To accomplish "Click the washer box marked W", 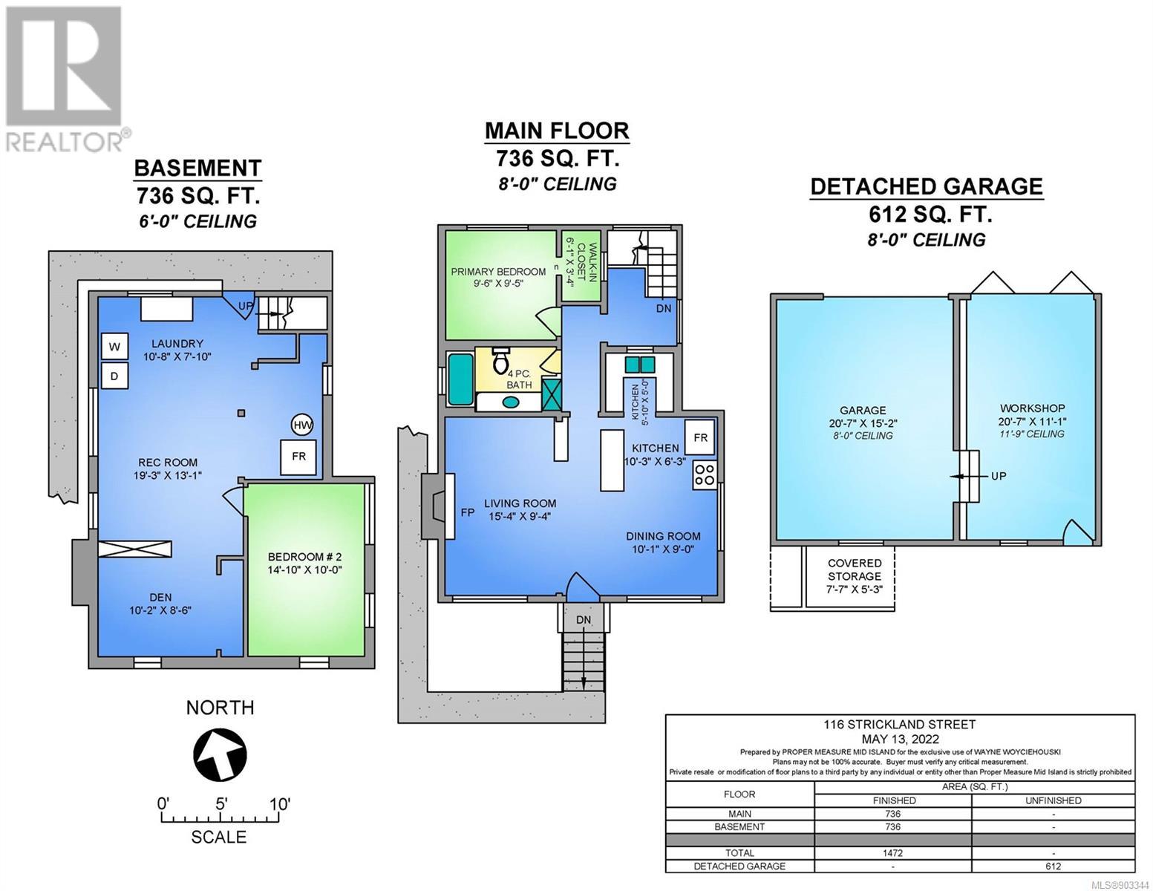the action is click(x=114, y=347).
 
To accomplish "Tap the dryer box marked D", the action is click(x=114, y=376).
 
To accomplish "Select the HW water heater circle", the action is click(x=302, y=425).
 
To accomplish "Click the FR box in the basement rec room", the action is click(x=298, y=457).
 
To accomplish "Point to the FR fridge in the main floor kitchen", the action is click(x=700, y=437).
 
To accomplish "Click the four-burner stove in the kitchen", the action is click(x=704, y=475).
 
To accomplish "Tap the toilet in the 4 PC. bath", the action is click(x=500, y=361).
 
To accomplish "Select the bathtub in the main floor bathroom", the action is click(x=460, y=379).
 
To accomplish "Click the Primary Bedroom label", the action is click(x=498, y=272).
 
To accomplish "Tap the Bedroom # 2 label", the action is click(x=304, y=557).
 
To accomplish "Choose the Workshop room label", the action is click(x=1032, y=408).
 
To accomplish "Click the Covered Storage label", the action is click(x=855, y=569).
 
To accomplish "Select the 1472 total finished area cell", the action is click(x=893, y=853).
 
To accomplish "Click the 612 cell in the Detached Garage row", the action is click(x=1054, y=866).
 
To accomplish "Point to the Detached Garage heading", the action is click(x=927, y=186).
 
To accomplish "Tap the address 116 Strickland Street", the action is click(x=899, y=725).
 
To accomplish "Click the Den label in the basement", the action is click(x=160, y=598).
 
